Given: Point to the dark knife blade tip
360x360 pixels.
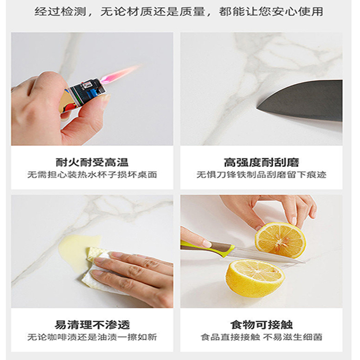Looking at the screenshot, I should pos(261,106).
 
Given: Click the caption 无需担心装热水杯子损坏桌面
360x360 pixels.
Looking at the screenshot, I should pos(92,175).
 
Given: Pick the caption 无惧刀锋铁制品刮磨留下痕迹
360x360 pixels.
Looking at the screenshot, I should pos(261,175).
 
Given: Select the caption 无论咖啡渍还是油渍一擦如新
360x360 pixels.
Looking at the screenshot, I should pos(92,337).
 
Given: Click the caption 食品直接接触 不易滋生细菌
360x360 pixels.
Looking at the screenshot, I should pos(261,337).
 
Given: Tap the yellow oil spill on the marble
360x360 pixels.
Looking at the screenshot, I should pos(76,245).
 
